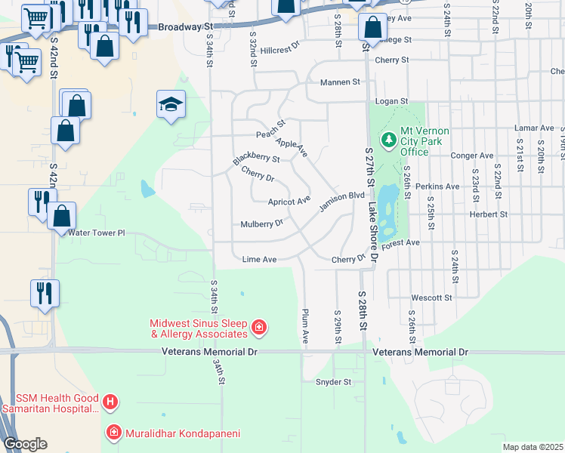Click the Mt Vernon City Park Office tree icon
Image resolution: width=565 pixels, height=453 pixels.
pos(389,140)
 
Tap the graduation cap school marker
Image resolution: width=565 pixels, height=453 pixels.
pos(171,104)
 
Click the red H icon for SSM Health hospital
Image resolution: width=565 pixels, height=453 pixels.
pos(110,402)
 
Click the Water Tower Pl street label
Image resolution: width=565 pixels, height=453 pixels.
pos(97,233)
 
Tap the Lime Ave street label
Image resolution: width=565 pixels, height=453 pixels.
pos(259,260)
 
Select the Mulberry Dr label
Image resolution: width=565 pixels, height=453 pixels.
pos(261,223)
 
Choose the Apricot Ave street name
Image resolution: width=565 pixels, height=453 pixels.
pos(289,201)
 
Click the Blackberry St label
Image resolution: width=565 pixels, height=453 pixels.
pos(257,159)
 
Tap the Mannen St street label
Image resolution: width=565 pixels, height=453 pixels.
pos(341,82)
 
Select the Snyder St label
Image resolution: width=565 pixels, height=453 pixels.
pos(334,382)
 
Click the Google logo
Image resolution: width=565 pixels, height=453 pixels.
pos(26,444)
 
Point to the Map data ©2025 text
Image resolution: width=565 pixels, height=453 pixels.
pos(532,447)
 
